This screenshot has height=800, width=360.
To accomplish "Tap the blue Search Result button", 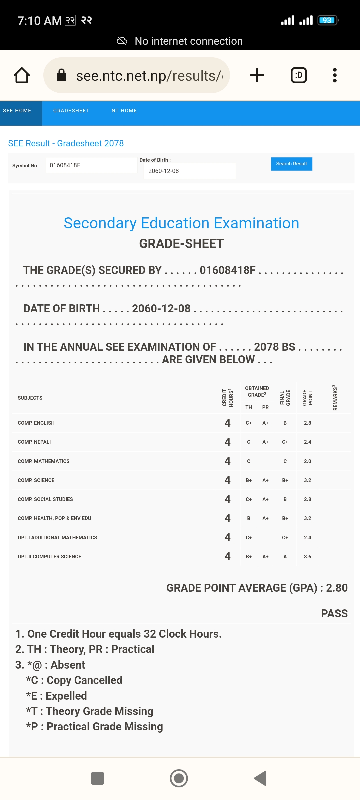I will tap(291, 164).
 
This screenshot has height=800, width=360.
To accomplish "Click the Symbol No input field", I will tap(91, 165).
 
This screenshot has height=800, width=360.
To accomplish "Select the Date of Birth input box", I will tap(189, 171).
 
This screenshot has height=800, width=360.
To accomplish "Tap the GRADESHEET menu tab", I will tap(71, 111).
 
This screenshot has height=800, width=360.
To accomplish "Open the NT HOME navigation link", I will tap(124, 111).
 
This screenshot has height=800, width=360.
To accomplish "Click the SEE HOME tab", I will tap(17, 111).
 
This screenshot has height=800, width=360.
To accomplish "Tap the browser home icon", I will tap(22, 75).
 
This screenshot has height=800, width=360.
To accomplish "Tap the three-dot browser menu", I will tap(335, 75).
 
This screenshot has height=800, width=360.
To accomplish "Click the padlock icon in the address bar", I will tap(62, 75).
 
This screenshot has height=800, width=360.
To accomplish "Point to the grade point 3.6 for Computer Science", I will tap(307, 557).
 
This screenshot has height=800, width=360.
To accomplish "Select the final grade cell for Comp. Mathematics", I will tap(285, 461).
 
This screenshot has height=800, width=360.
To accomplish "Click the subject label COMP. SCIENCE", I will tap(36, 480).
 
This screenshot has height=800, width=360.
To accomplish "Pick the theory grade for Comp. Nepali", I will tap(249, 442).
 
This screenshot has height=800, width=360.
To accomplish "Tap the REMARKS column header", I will tap(335, 398).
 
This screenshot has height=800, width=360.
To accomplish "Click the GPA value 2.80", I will tap(337, 588).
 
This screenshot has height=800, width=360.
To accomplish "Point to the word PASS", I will tap(334, 613).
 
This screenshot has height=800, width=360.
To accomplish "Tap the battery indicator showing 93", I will tap(327, 20).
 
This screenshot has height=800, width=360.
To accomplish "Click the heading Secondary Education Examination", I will tap(181, 223).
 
